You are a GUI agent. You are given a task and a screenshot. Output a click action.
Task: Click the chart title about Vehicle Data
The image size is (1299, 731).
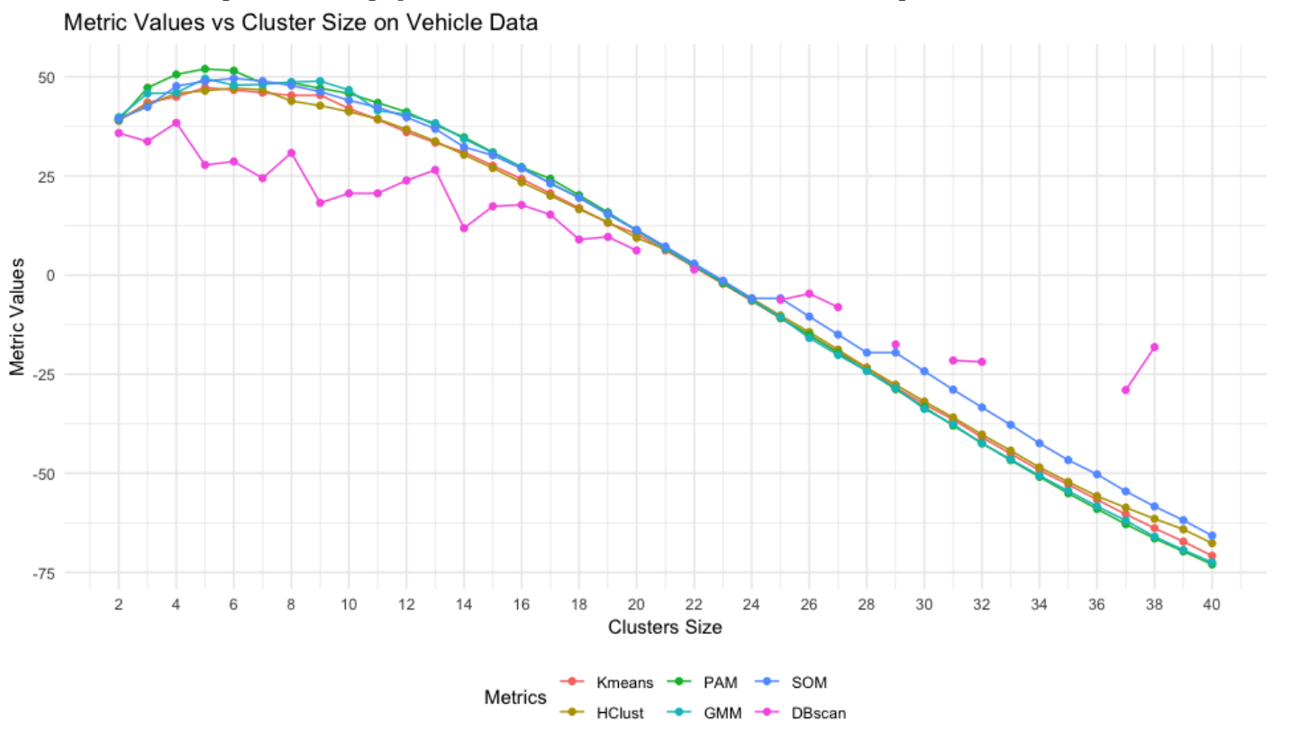pos(300,23)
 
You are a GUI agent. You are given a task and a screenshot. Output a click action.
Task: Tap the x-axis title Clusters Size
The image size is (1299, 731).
pos(665,627)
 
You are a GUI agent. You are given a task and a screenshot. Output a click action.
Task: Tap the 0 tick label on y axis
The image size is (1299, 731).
pos(76,276)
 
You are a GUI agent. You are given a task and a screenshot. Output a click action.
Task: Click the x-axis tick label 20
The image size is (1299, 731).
pos(636,604)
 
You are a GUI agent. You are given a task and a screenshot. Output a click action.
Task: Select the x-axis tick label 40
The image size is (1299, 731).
pos(1212,604)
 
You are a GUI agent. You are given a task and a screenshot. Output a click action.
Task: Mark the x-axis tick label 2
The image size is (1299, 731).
pos(119,604)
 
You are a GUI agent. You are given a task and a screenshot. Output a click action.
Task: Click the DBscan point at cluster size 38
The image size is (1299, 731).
pos(1154,347)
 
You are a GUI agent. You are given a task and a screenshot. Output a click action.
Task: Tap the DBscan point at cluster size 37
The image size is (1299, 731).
pos(1125,389)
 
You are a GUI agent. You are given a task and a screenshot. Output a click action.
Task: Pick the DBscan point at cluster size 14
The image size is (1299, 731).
pos(464,228)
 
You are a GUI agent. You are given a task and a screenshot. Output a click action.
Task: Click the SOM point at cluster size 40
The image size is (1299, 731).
pos(1212,535)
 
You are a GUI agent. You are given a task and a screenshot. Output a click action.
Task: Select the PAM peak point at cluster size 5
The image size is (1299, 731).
pos(205,69)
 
